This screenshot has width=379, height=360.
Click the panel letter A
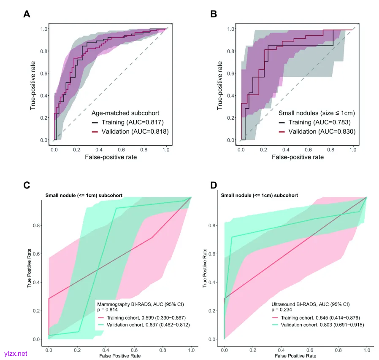coord(27,14)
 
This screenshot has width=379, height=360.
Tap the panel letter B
coord(214,14)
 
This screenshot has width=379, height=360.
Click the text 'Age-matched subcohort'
coord(126,113)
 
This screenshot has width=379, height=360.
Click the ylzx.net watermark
coord(15,353)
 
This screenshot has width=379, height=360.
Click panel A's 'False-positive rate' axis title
coord(111,157)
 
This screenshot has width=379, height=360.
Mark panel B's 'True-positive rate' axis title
coord(220,85)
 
